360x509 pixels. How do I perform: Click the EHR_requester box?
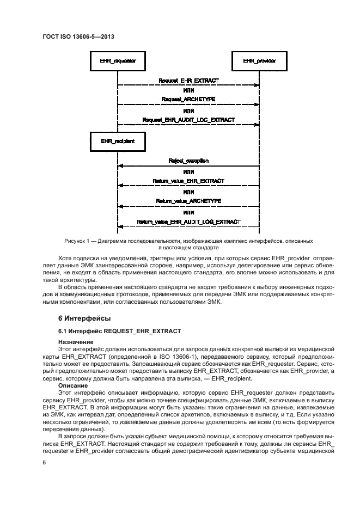click(x=118, y=60)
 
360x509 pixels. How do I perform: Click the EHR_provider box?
click(x=259, y=60)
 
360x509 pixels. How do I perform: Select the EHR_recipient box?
click(x=118, y=141)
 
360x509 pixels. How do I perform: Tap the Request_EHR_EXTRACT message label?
click(x=188, y=81)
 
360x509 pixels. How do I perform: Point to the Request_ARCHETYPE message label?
click(x=188, y=100)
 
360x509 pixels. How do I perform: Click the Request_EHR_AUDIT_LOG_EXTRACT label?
click(x=188, y=119)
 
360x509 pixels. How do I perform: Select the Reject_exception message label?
click(x=188, y=161)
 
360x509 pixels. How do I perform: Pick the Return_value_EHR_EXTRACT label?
click(x=188, y=181)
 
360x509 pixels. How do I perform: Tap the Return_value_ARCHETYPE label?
click(x=188, y=201)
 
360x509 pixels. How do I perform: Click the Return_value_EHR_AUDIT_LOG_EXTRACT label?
click(x=188, y=222)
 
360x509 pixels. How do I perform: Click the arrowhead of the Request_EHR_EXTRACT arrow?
click(x=257, y=85)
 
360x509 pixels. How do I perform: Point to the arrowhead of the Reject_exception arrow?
click(x=120, y=165)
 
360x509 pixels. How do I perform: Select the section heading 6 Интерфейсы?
click(x=84, y=317)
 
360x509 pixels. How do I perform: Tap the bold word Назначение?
click(x=75, y=341)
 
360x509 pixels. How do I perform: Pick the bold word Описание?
click(x=72, y=384)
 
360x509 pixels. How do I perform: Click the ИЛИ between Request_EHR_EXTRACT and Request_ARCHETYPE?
click(x=188, y=90)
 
